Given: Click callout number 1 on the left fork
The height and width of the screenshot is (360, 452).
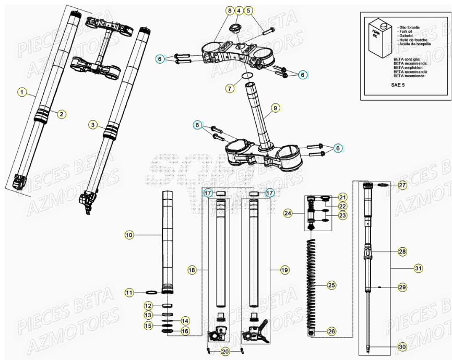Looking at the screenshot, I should point(21,92).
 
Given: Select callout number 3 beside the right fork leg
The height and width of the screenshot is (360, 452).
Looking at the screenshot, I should point(92,125).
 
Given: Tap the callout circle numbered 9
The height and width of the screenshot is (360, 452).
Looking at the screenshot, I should point(275,109).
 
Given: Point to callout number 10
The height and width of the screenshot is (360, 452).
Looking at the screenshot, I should point(129,235).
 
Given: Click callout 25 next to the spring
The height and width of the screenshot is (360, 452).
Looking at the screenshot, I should point(331,285).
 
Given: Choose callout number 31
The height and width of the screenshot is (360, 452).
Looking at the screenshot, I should point(418,268).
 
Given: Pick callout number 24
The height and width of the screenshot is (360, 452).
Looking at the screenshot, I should point(288,213).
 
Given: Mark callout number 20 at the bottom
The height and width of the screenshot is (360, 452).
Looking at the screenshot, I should point(224,352).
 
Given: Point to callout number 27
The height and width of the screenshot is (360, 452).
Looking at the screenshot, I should point(402,185).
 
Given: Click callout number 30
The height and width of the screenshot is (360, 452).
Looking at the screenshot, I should point(402,347).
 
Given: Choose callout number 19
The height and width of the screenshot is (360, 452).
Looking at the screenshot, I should point(284,270).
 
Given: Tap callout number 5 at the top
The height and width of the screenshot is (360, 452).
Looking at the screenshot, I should point(248,10).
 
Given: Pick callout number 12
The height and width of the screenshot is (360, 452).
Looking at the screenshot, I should point(148,305).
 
